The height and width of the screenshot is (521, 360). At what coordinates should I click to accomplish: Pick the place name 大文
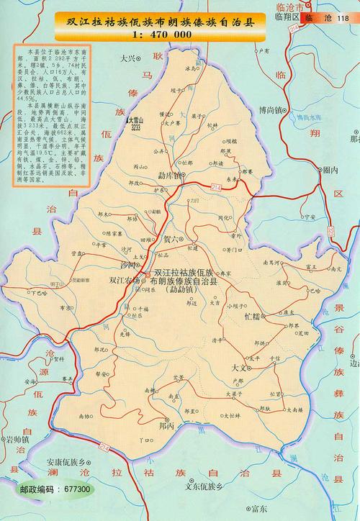(240, 367)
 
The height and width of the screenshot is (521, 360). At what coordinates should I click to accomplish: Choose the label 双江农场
(122, 281)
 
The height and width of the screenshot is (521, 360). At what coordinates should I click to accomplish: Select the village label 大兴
(128, 57)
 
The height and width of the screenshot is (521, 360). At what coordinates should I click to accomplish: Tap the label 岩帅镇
(16, 438)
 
